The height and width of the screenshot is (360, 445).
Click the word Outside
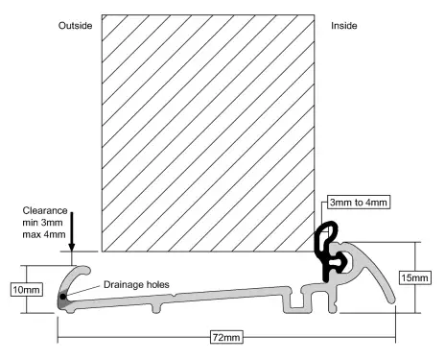coord(75,26)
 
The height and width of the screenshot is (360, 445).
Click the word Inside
coord(344,26)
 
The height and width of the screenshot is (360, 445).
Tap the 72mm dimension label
coord(226,337)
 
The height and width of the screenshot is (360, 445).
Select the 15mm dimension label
coord(414,277)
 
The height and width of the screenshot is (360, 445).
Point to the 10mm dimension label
coord(27,290)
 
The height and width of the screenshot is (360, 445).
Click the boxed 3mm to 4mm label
coord(359,203)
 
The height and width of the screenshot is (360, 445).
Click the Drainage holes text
coord(136,284)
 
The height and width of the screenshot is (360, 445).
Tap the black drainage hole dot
coord(62,297)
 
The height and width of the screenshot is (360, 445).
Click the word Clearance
coord(45,210)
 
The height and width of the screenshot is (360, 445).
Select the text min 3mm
coord(42,223)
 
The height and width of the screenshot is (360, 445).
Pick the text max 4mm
coord(44,234)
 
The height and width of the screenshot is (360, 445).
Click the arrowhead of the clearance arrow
coord(72,247)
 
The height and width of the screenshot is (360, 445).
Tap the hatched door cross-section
coord(208,133)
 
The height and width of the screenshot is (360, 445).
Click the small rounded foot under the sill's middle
coord(155,308)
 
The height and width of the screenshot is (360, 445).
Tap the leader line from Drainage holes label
coord(84,291)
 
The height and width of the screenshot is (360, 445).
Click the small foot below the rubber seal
coord(333,302)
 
